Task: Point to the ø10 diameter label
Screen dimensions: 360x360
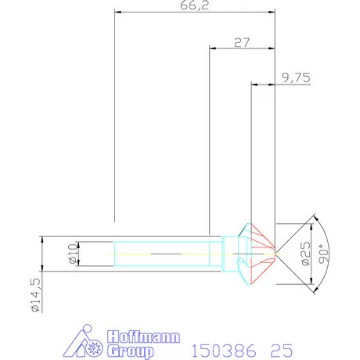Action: click(x=72, y=254)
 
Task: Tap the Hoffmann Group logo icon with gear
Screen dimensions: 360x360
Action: click(x=88, y=342)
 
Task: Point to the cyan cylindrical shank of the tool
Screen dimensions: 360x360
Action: click(x=164, y=254)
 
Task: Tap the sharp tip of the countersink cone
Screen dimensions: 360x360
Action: click(x=275, y=253)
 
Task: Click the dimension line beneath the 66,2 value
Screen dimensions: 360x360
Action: click(x=195, y=13)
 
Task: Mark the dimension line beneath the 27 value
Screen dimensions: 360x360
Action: click(x=243, y=49)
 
